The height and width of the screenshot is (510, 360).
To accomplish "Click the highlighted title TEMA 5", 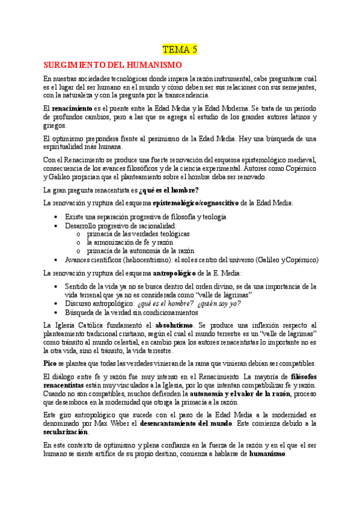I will click(180, 49).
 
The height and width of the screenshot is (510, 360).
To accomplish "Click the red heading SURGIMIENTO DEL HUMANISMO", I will click(113, 65).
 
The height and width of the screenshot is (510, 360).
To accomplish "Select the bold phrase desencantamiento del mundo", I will click(198, 423).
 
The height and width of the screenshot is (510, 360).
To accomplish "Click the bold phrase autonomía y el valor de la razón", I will click(240, 393).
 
